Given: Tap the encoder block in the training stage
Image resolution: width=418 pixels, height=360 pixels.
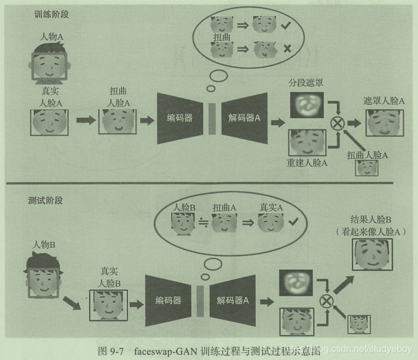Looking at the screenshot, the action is (180, 118).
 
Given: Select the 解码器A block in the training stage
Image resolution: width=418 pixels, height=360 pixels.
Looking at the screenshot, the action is (243, 118).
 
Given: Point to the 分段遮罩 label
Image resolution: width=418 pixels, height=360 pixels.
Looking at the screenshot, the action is (306, 83).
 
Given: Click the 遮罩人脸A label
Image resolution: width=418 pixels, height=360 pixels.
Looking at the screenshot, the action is (384, 101).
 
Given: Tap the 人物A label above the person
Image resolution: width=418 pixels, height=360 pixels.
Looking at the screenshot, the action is (51, 37).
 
